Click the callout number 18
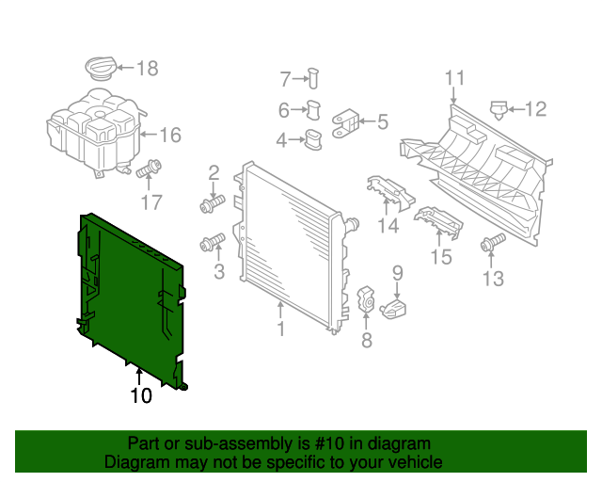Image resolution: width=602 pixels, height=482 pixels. tap(148, 68)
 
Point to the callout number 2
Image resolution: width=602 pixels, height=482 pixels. tap(214, 172)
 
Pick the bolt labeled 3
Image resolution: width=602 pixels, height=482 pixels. tap(213, 245)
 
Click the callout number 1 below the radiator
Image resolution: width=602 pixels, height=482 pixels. tap(280, 329)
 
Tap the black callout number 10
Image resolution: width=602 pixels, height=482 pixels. tap(140, 396)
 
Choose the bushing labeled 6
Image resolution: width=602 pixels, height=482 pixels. tap(314, 110)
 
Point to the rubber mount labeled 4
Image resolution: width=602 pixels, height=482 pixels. tap(311, 140)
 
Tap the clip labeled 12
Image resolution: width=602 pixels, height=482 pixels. tap(499, 109)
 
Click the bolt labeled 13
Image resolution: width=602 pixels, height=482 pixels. tap(489, 245)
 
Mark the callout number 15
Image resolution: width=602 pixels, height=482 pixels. tap(441, 257)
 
